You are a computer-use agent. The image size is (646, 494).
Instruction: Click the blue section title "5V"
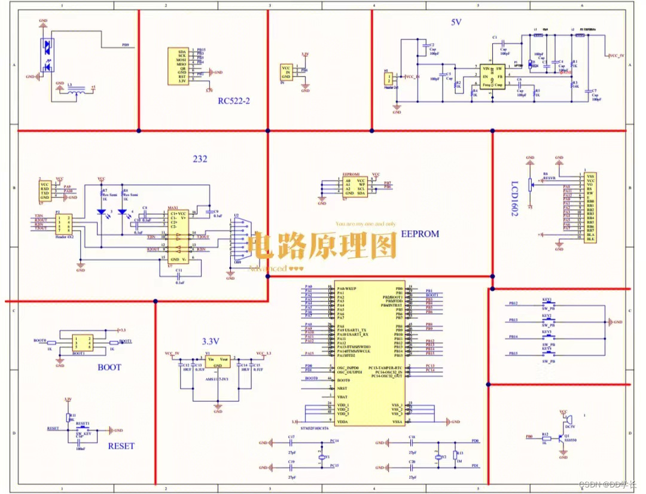(x=456, y=22)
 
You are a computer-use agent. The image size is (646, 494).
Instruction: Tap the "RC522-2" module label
(x=234, y=100)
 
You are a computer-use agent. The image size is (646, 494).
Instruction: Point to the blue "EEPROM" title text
(x=419, y=234)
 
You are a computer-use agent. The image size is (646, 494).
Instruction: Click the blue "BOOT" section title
(x=109, y=367)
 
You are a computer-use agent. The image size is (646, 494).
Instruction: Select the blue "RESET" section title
(x=121, y=446)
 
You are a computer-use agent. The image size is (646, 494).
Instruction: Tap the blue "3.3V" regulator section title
(x=211, y=341)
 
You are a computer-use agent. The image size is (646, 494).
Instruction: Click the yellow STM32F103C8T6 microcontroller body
(x=369, y=353)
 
